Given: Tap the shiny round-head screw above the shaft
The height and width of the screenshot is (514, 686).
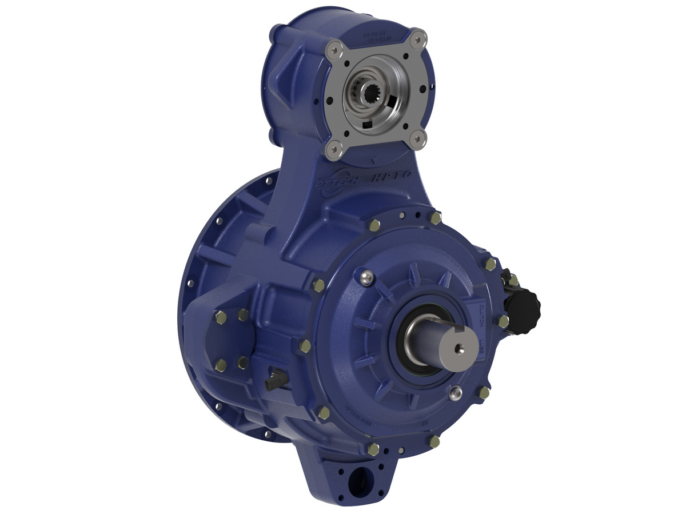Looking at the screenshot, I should (366, 278).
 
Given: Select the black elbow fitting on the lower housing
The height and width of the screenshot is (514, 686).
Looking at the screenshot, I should (275, 380).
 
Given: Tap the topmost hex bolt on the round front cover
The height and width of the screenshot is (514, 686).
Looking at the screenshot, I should (436, 218).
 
